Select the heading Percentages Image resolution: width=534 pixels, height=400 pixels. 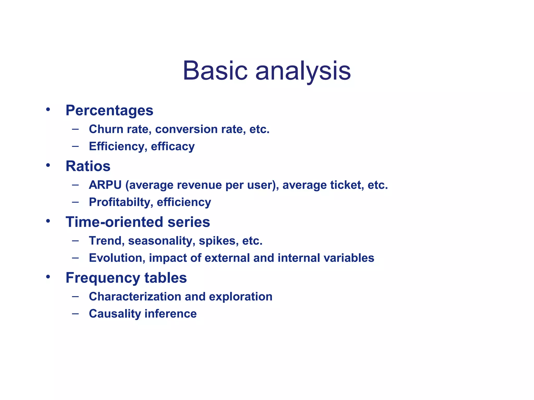[109, 110]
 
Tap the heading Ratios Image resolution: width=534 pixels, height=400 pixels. [88, 166]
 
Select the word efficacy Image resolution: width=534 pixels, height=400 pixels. [173, 146]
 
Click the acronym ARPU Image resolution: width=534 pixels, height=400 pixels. [105, 185]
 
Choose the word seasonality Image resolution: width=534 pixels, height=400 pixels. [162, 241]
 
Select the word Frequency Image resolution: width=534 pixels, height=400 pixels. [103, 278]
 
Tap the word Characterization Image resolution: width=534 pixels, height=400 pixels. [135, 297]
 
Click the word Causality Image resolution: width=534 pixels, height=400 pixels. [115, 314]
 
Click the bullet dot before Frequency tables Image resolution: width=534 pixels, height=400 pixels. [48, 277]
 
